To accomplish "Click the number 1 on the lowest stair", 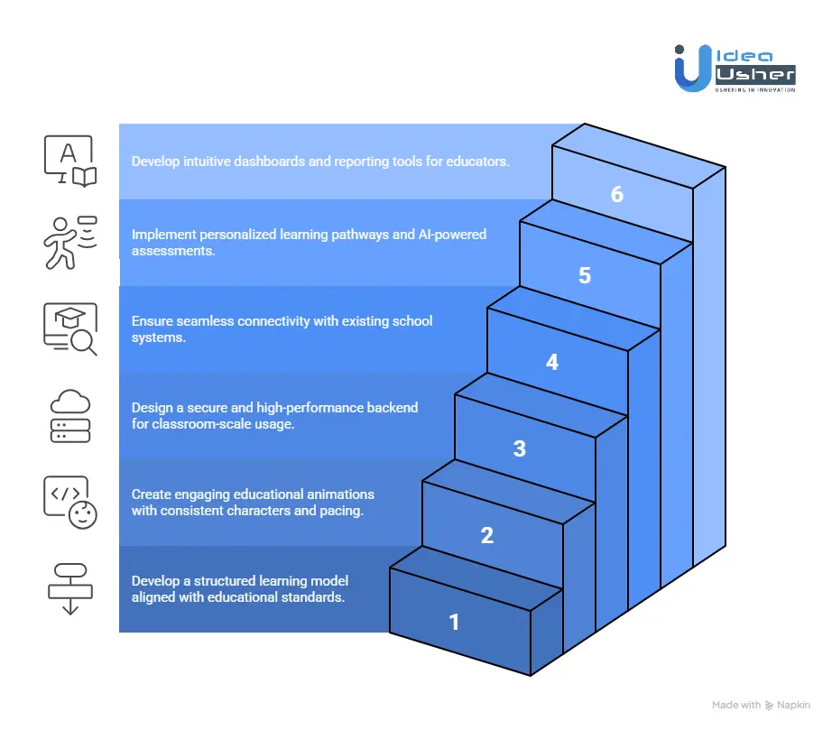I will click(454, 622).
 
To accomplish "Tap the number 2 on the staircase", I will click(486, 535).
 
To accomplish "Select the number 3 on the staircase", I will click(519, 448).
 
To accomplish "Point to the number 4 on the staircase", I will click(551, 362).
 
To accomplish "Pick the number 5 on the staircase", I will click(584, 275).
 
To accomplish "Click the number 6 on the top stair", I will click(616, 194).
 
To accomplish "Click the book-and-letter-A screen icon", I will click(69, 162).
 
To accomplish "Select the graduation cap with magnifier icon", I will click(69, 329).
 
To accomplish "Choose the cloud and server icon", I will click(69, 416).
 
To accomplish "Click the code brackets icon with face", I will click(69, 502).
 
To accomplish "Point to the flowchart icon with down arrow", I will click(69, 587).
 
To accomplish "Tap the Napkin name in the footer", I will click(794, 706).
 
